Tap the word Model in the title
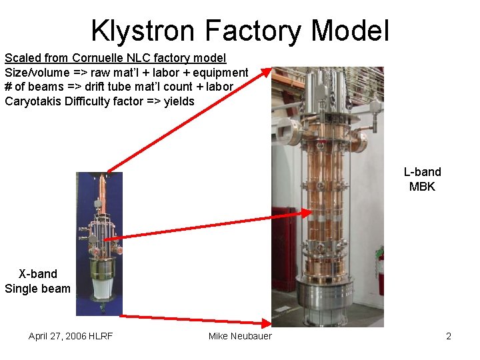[x=349, y=30]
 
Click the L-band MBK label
[x=422, y=179]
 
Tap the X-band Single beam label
[x=37, y=281]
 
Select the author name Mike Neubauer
[x=240, y=336]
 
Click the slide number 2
[x=449, y=336]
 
